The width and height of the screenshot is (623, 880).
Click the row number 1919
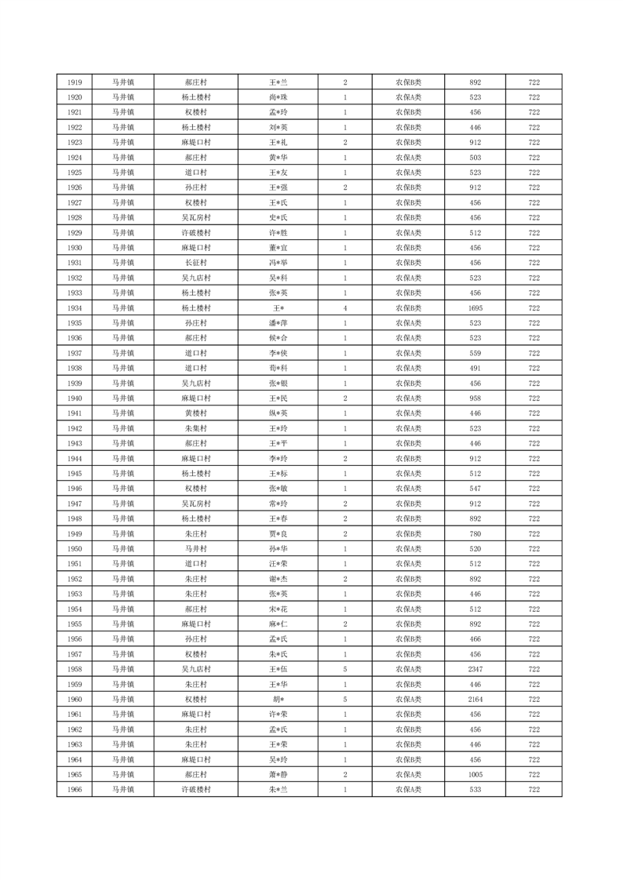75,82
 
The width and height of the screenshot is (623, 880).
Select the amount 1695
475,308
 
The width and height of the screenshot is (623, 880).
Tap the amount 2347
475,670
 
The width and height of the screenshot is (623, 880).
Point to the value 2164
475,700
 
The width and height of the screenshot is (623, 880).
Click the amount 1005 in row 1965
475,775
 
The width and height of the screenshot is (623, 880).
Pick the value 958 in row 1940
475,398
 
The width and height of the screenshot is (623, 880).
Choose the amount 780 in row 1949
475,534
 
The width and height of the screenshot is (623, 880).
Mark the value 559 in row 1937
475,353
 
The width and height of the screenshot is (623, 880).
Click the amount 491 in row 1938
475,369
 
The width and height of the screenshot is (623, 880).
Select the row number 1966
75,790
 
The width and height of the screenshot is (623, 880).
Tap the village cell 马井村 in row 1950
195,549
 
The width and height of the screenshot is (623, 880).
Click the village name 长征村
195,263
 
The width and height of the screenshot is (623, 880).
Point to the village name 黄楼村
195,413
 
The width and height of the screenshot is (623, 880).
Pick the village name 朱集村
195,428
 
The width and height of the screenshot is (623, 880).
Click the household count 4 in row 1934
345,308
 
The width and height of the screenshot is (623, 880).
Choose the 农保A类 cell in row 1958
408,670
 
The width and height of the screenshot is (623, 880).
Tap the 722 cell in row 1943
534,444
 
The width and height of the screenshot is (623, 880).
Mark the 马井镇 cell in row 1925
122,173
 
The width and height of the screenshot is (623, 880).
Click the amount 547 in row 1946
475,489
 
